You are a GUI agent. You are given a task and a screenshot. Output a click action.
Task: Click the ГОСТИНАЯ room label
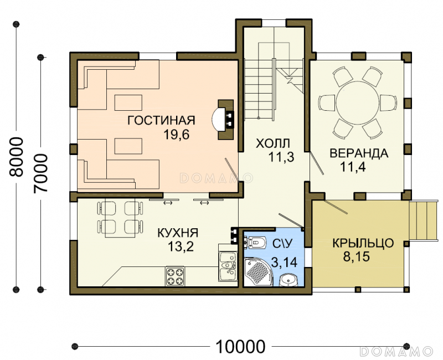[161, 120]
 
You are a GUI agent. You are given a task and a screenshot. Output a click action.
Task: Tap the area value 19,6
[177, 135]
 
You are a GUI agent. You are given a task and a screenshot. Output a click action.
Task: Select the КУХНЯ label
[178, 233]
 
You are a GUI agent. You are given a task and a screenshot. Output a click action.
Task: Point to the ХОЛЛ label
[273, 143]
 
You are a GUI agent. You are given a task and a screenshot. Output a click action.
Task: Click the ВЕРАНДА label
[359, 153]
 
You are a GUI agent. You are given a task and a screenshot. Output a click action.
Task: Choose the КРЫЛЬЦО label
[363, 243]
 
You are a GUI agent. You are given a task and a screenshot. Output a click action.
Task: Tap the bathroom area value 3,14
[284, 262]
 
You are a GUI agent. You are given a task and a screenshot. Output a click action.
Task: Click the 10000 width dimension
[241, 347]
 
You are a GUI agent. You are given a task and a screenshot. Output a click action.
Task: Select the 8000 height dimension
[16, 157]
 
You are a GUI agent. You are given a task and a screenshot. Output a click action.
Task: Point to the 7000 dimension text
[40, 173]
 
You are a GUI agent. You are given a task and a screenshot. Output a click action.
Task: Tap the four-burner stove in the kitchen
[175, 276]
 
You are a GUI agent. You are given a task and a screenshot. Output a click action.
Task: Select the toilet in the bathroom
[255, 242]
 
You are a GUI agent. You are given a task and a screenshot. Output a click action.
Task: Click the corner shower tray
[258, 272]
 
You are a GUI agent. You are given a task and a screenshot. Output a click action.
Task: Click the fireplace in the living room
[224, 120]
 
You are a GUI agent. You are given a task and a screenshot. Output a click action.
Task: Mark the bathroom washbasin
[289, 280]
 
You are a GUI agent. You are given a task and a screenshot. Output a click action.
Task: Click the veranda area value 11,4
[353, 167]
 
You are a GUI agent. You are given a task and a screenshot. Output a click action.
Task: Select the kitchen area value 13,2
[181, 246]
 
